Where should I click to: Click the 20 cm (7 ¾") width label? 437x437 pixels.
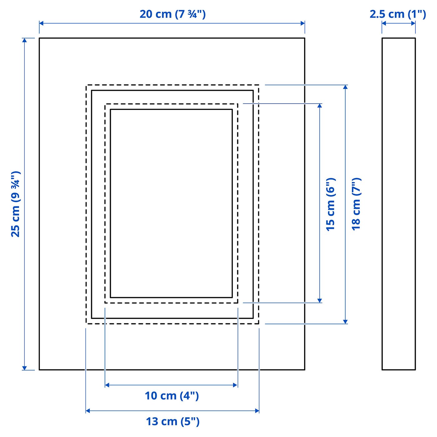tap(172, 14)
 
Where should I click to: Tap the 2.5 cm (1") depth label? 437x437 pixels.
tap(398, 14)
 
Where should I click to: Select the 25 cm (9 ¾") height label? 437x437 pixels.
tap(16, 204)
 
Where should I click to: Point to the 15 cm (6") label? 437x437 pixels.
tap(330, 204)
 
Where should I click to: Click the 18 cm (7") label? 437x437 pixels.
tap(356, 204)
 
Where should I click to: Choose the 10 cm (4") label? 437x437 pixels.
tap(172, 396)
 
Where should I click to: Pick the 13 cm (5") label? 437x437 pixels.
tap(173, 421)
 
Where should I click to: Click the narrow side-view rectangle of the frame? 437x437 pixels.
tap(399, 204)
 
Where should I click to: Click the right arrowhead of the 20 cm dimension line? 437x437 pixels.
tap(303, 23)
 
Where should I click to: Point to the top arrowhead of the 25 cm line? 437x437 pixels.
tap(24, 40)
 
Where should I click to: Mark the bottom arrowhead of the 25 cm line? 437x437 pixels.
tap(24, 368)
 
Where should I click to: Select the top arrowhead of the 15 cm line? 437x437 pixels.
tap(320, 106)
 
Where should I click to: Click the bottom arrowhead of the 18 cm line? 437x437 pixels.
tap(345, 322)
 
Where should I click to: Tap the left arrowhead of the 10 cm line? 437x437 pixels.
tap(107, 385)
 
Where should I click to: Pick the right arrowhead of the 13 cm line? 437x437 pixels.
tap(257, 411)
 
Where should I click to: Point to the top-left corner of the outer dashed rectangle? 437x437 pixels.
tap(86, 85)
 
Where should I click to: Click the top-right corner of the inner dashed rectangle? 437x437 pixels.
tap(238, 104)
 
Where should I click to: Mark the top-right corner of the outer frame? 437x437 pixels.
tap(305, 38)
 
